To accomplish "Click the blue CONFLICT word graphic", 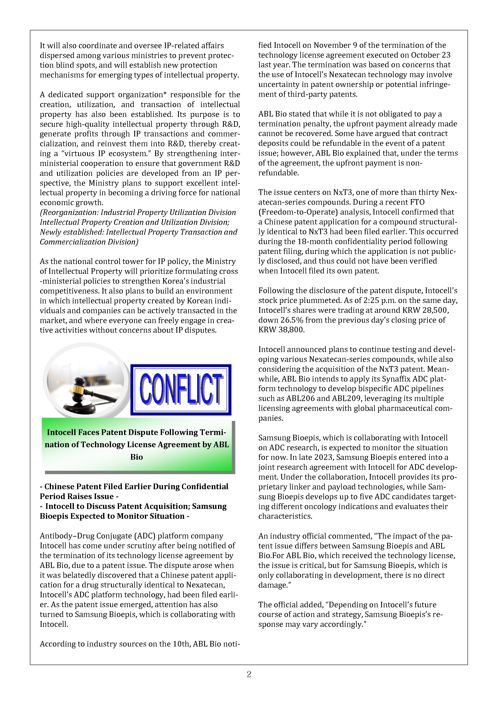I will coord(181,389).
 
